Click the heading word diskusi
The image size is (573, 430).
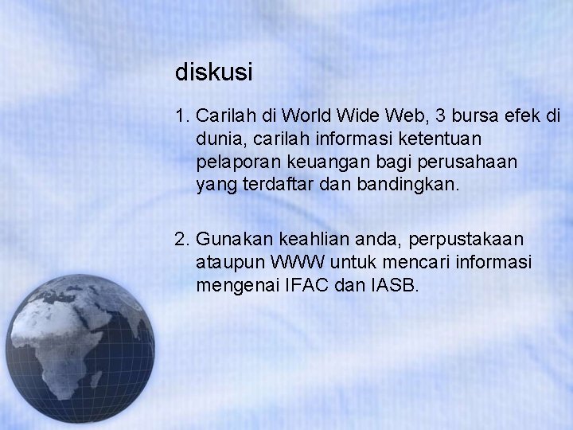(214, 73)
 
